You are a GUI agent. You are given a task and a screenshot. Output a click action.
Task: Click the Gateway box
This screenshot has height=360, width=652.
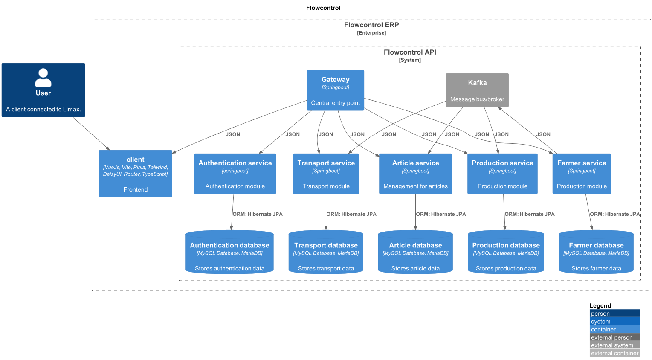point(335,90)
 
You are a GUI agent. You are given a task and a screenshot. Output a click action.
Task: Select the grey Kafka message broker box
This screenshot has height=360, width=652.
point(477,90)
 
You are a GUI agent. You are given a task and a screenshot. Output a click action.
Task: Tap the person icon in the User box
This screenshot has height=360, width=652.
point(43,78)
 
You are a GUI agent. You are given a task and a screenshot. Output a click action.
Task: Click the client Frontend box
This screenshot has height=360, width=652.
point(135,174)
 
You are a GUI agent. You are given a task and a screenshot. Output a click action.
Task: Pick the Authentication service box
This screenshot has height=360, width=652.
point(235,174)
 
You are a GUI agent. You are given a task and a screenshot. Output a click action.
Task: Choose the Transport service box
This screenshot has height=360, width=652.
point(326,174)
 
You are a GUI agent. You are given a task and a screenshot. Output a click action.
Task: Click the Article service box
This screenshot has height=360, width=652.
point(415,174)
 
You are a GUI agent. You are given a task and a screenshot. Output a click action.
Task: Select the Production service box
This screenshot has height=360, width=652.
point(502,174)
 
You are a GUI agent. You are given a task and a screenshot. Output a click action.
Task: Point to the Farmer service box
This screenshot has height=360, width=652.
point(582,174)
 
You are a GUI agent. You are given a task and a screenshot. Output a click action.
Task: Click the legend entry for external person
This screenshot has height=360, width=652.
point(614,337)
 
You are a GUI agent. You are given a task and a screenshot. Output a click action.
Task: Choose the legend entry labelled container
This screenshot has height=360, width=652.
point(614,329)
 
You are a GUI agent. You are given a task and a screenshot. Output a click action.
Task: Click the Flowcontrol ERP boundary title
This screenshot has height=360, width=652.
point(371,25)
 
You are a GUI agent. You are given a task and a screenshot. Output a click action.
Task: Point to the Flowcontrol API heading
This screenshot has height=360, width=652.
point(410,52)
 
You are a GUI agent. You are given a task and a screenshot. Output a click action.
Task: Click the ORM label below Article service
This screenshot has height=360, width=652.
point(441,214)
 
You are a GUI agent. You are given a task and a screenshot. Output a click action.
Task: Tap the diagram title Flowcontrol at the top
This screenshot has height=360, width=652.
point(323,8)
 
